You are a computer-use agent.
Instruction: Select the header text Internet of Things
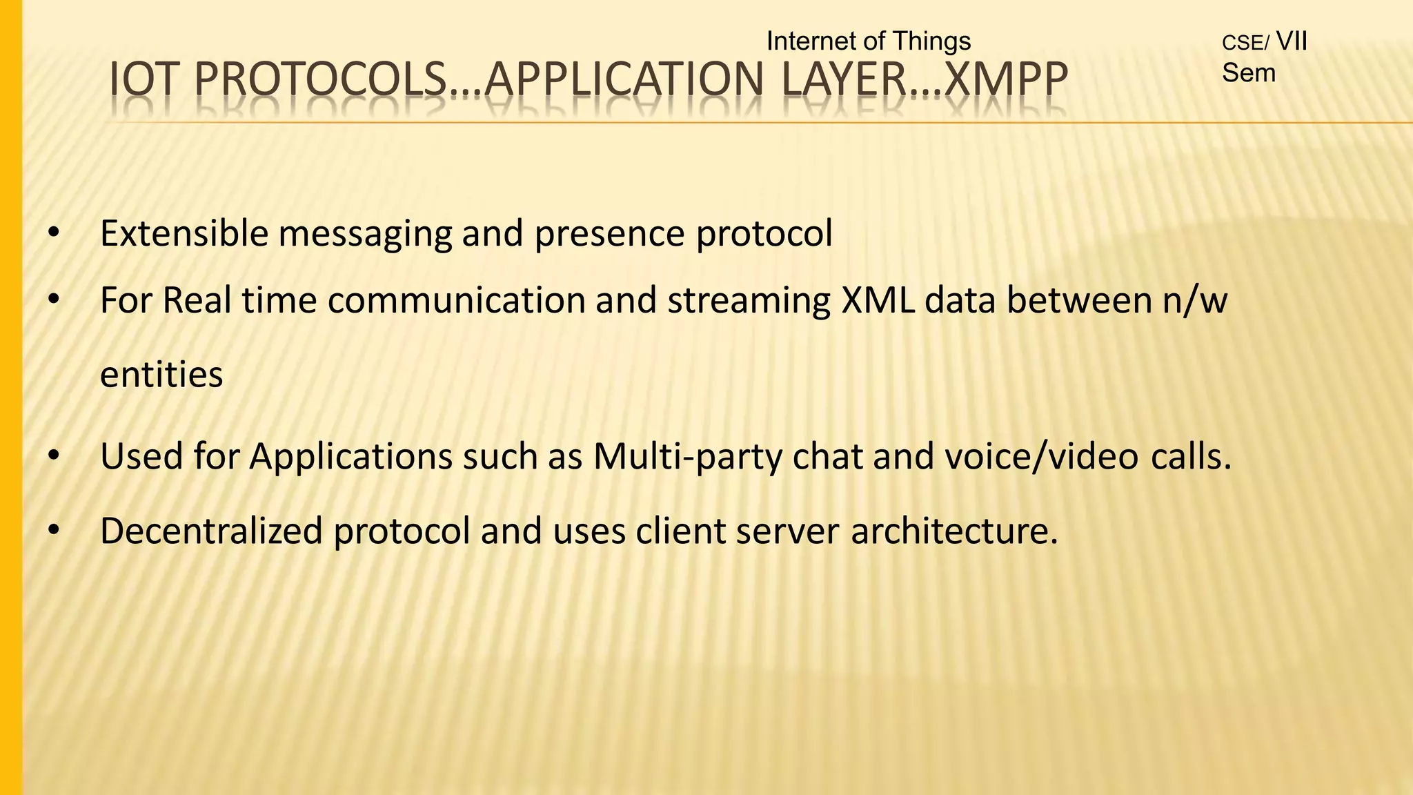point(868,41)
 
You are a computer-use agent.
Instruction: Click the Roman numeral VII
point(1292,41)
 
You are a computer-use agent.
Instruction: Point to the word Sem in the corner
point(1249,72)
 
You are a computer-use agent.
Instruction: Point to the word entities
point(161,375)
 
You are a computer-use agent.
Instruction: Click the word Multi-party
point(687,457)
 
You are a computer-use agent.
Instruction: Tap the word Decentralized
point(211,531)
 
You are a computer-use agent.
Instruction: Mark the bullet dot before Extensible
point(53,233)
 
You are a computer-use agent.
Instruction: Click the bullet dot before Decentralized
point(53,531)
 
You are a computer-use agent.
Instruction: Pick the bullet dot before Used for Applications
point(53,457)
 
